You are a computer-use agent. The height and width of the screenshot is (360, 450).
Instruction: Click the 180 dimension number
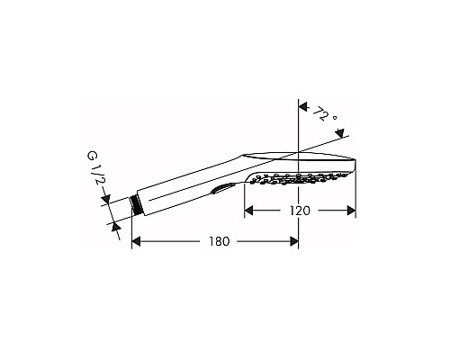point(217,241)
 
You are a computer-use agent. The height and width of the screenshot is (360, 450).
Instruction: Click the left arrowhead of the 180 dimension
point(138,241)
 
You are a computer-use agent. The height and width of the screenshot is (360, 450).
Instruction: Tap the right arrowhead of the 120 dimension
point(352,211)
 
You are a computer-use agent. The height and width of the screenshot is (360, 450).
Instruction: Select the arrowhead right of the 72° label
point(342,135)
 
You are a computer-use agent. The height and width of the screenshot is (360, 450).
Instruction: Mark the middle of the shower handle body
point(189,184)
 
